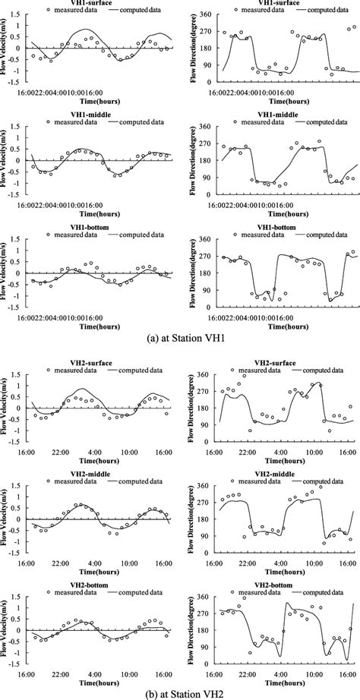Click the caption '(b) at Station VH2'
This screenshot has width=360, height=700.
pos(180,691)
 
